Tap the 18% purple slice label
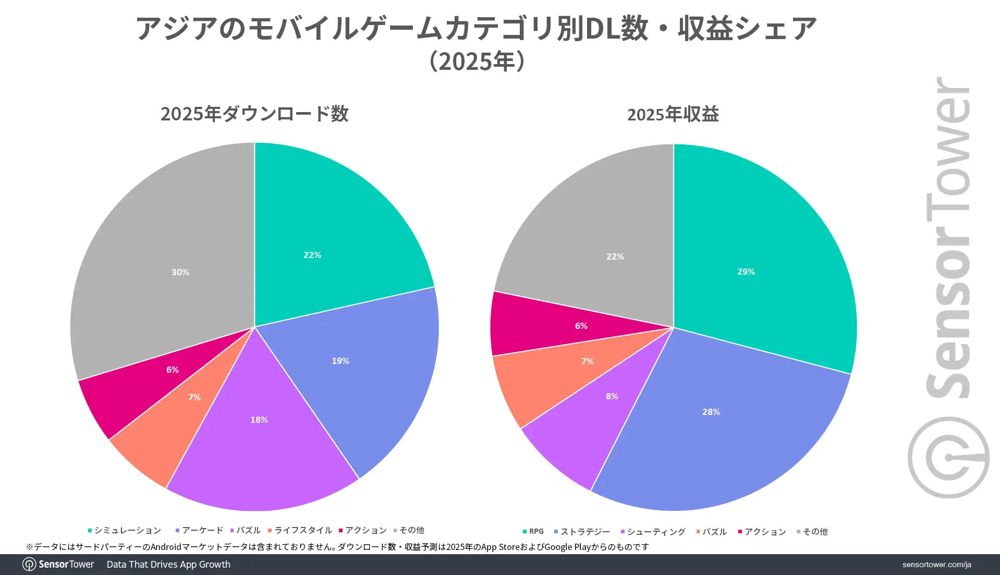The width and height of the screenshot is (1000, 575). [259, 420]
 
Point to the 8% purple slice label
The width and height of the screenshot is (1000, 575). [612, 396]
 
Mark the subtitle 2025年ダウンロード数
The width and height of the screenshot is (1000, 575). [254, 114]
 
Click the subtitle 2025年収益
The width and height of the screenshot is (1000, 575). [673, 114]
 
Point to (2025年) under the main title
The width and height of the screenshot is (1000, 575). [477, 61]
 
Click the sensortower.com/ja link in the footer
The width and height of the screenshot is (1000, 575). [936, 565]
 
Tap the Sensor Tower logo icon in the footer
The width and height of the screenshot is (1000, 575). [29, 565]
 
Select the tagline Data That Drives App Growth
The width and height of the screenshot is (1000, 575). [168, 565]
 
